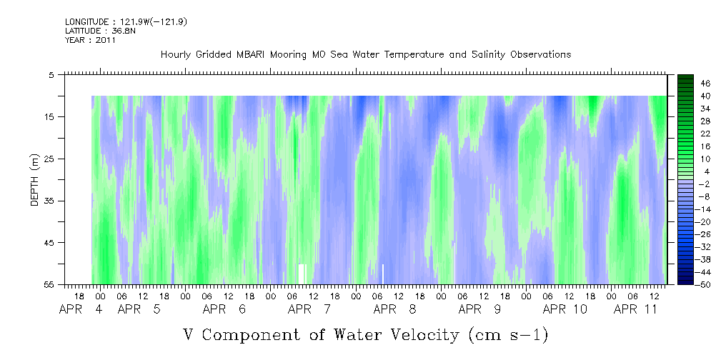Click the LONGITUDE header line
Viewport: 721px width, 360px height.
point(126,22)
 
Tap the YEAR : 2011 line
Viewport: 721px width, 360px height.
point(90,40)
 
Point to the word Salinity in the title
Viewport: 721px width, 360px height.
point(488,55)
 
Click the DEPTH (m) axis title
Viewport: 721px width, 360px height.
point(35,180)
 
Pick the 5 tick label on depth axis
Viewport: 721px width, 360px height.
point(50,75)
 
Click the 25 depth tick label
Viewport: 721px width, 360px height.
point(47,159)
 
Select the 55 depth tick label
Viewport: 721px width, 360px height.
point(47,285)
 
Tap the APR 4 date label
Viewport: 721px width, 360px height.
point(81,309)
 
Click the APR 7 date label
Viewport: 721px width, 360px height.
point(309,309)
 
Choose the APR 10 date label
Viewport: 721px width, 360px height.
point(565,309)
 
